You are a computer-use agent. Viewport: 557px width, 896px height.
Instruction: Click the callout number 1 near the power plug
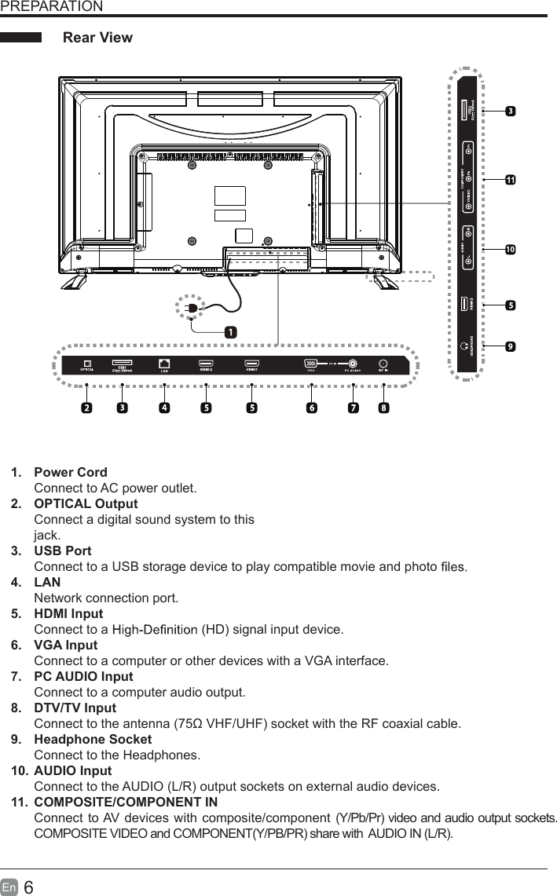pos(229,332)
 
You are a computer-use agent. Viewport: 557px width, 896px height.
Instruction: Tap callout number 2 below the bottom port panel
pos(86,408)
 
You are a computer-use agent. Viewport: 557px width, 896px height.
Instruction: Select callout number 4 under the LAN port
pos(163,408)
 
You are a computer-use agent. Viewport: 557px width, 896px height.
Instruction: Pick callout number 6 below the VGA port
pos(311,408)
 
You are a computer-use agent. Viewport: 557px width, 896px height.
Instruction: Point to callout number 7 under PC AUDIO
pos(354,408)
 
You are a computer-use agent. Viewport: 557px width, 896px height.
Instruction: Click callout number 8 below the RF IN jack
pos(383,408)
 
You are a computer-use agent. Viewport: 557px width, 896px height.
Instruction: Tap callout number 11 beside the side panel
pos(511,180)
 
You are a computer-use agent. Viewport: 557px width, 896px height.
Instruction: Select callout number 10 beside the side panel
pos(511,249)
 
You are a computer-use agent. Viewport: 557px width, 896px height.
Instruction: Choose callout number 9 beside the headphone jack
pos(511,346)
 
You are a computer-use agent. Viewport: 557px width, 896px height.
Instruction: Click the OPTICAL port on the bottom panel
pos(87,363)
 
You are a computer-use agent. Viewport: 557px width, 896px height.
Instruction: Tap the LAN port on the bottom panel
pos(163,363)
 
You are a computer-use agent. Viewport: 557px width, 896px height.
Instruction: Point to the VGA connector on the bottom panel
pos(311,363)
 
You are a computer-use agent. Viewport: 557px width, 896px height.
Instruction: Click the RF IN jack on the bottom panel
pos(383,363)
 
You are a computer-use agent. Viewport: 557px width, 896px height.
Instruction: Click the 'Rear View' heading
pos(97,38)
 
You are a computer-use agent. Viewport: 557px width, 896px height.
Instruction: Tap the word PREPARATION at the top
pos(51,7)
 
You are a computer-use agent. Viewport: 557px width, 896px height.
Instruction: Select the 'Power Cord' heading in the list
pos(71,473)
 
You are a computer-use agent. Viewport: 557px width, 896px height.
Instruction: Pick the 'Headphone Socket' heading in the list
pos(93,740)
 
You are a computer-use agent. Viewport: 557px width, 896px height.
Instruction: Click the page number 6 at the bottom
pos(28,887)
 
